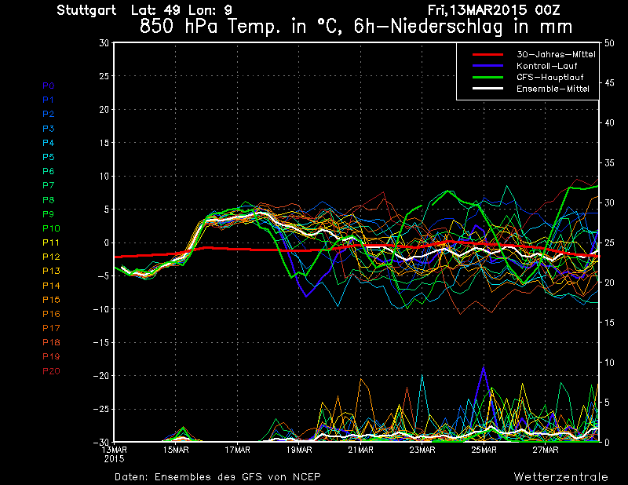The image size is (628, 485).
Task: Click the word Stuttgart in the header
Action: [x=87, y=10]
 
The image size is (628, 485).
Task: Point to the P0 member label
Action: [x=49, y=86]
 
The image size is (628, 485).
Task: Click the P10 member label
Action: [x=51, y=228]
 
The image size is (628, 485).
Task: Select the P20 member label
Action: [x=51, y=371]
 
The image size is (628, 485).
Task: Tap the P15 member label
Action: [x=51, y=300]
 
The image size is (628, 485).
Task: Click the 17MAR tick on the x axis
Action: [x=237, y=450]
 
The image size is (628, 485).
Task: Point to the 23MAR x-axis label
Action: [x=422, y=450]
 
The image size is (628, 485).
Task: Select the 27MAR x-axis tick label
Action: [x=546, y=450]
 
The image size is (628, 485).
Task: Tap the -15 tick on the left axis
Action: [x=102, y=343]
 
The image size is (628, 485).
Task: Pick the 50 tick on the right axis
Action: [x=609, y=43]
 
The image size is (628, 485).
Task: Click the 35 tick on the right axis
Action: [x=609, y=163]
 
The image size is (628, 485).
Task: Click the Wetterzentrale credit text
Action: [x=560, y=476]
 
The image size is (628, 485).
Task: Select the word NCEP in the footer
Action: [x=306, y=476]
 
